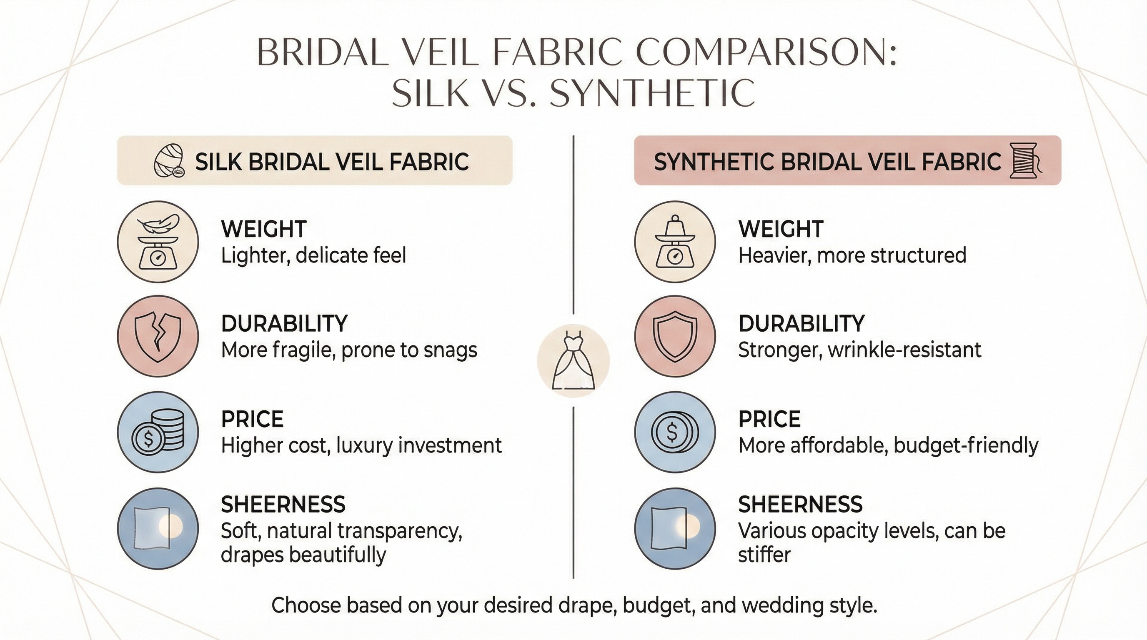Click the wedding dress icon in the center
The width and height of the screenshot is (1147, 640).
pyautogui.click(x=573, y=361)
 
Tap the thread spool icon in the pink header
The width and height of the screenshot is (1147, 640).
pyautogui.click(x=1026, y=161)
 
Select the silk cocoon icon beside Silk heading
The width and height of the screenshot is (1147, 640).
pyautogui.click(x=169, y=161)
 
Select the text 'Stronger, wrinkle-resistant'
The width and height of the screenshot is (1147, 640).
pyautogui.click(x=859, y=350)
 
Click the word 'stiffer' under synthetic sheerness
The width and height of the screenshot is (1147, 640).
pyautogui.click(x=764, y=555)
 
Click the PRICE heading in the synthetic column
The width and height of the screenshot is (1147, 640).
pyautogui.click(x=769, y=419)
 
